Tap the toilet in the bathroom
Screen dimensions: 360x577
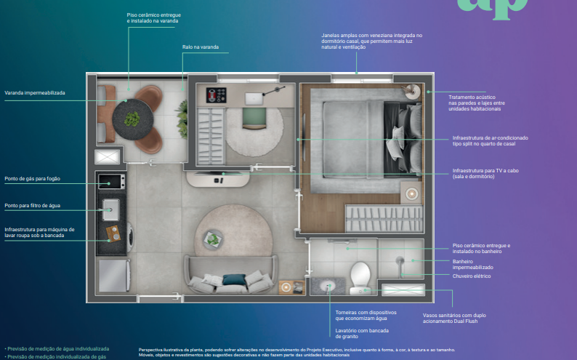360,275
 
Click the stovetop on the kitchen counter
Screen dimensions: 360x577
111,181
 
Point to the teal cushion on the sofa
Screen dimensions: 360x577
234,279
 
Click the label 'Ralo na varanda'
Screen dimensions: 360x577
200,47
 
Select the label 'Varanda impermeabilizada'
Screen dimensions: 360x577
35,93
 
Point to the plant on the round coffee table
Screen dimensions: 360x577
213,237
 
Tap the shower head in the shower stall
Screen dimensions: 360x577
399,260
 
